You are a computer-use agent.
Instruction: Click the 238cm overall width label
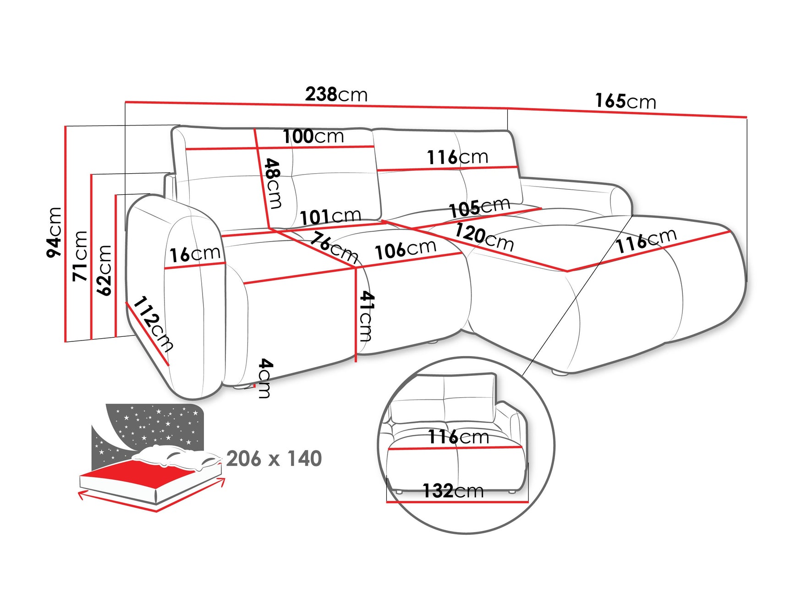point(336,94)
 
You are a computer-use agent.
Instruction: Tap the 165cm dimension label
point(625,101)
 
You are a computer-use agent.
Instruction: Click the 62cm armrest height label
point(104,270)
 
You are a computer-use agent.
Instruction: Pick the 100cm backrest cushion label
point(313,137)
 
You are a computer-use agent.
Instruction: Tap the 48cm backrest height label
point(274,183)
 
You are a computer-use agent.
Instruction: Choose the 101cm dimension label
point(330,216)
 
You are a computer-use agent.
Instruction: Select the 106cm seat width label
point(405,249)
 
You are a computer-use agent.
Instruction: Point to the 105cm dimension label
point(479,208)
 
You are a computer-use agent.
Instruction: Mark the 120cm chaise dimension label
point(484,237)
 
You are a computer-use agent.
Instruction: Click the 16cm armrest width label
point(195,254)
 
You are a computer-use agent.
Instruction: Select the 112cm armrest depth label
point(153,324)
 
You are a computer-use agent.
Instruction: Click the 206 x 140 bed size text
point(274,459)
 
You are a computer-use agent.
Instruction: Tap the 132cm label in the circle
point(453,491)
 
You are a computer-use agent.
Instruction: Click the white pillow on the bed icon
point(174,456)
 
